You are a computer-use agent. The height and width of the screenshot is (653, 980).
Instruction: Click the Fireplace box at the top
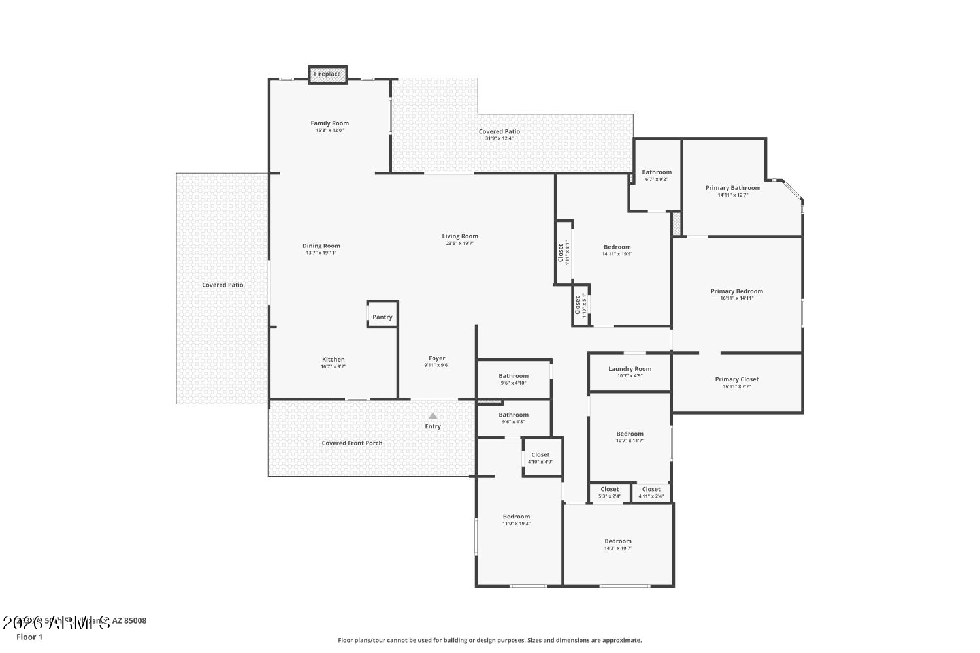(327, 74)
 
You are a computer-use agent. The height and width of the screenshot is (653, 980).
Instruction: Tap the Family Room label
(329, 123)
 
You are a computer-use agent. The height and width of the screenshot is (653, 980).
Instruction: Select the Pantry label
(382, 317)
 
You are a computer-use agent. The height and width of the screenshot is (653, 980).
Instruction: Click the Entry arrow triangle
(433, 416)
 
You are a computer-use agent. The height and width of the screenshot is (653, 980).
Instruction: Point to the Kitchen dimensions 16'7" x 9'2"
(333, 367)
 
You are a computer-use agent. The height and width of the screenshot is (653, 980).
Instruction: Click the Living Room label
(460, 236)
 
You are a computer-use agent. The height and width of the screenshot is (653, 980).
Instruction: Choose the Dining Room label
(321, 246)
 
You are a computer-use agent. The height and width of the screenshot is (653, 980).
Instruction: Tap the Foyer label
(436, 358)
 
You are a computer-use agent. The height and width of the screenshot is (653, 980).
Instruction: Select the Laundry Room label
(630, 369)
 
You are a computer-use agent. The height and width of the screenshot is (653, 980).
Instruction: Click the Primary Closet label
(736, 379)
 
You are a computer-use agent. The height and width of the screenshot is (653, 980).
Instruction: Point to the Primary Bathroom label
(732, 188)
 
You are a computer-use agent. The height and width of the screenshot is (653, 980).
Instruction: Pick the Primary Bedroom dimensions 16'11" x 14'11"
(736, 298)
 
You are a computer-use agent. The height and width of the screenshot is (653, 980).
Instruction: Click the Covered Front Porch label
(352, 443)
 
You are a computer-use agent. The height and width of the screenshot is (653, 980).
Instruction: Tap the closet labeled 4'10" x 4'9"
(540, 458)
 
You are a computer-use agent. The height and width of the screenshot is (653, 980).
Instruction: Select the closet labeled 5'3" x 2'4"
(610, 492)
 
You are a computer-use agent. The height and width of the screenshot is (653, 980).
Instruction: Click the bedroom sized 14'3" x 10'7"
(617, 544)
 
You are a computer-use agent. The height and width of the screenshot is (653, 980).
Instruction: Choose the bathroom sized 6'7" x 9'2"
(656, 175)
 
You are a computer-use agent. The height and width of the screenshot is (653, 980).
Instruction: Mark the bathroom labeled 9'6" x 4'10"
(514, 379)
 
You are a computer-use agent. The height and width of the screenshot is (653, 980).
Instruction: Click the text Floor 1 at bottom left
(29, 637)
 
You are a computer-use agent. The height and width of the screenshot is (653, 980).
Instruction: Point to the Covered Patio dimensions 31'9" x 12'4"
(499, 138)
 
